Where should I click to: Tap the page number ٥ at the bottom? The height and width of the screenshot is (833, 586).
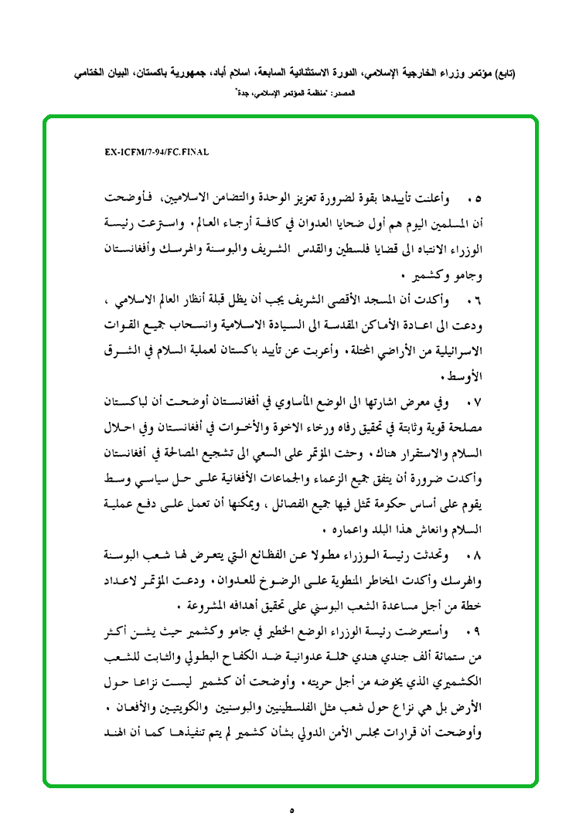(292, 811)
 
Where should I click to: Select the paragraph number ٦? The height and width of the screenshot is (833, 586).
(474, 297)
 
